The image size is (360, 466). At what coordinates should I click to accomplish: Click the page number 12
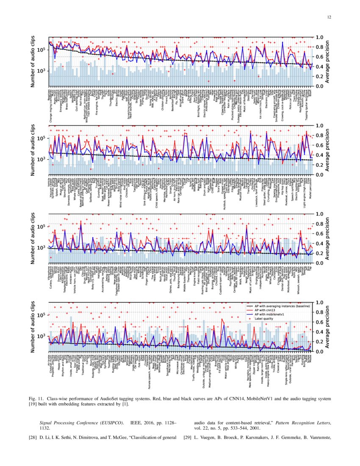coord(329,17)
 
